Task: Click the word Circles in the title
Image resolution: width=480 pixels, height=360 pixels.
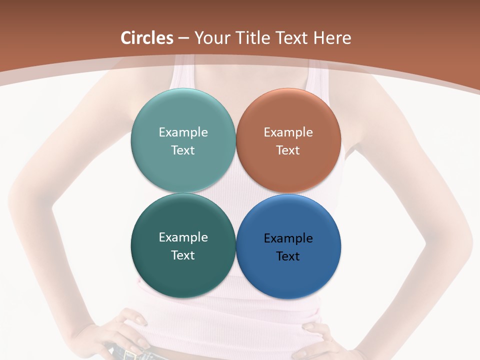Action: point(147,38)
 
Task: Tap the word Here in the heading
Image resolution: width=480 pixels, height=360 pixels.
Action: point(332,38)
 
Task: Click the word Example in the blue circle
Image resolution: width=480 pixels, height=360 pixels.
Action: point(288,238)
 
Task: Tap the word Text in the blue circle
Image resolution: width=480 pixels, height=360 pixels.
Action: point(288,256)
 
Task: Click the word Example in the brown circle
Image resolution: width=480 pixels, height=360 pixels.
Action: point(288,132)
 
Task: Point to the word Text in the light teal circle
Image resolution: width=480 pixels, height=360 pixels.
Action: point(183,150)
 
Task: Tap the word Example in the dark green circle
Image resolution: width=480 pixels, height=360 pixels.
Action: point(183,237)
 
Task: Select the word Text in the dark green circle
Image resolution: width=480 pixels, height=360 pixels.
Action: point(183,255)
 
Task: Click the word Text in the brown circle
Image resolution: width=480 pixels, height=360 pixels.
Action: point(288,150)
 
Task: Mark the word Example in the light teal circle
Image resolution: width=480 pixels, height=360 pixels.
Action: point(183,132)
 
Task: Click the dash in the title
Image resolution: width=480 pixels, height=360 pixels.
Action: point(183,38)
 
